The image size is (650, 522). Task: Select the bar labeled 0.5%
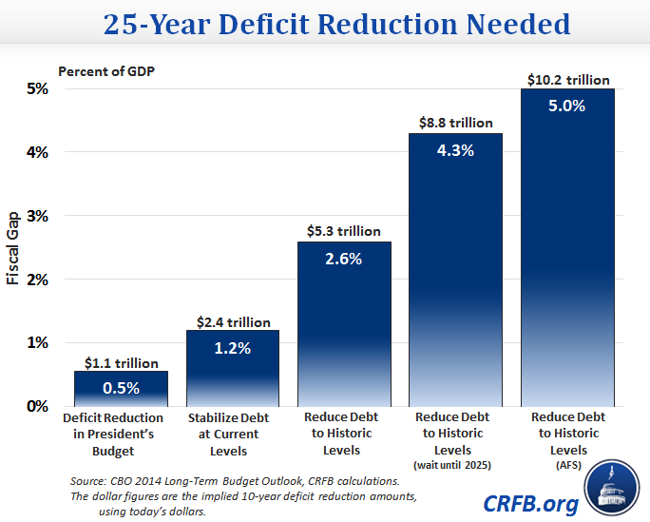pos(121,387)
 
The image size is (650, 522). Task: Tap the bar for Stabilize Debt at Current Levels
pos(232,366)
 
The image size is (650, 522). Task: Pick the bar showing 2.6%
pos(343,323)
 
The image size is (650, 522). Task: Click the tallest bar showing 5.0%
pos(567,247)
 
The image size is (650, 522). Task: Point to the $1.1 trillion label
pos(121,361)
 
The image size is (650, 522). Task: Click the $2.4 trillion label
pos(232,322)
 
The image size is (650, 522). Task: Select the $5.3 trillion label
pos(343,231)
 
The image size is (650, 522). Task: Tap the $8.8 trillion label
pos(456,123)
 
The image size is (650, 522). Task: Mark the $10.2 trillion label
pos(567,80)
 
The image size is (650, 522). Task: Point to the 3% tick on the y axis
pos(37,216)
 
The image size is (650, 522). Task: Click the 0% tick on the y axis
pos(37,406)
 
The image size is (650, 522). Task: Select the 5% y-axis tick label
pos(37,89)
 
